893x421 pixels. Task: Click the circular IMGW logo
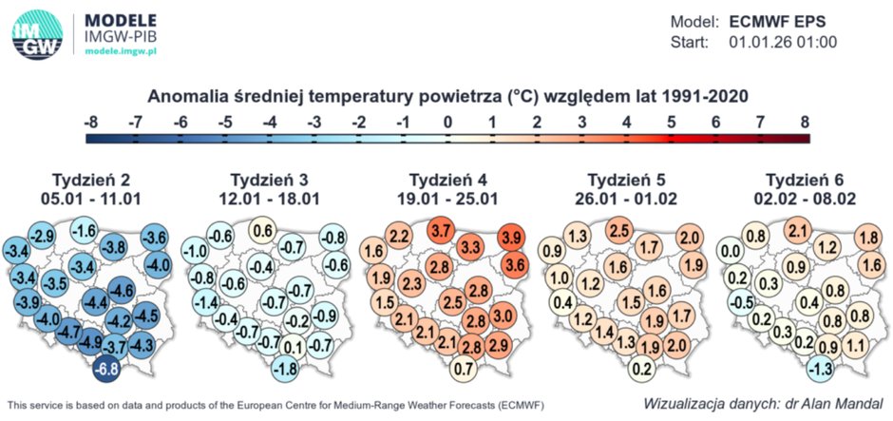[x=39, y=36]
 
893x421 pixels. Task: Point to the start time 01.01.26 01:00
[x=783, y=43]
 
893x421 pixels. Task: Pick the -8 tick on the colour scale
[x=91, y=123]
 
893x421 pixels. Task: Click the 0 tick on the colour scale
[x=447, y=123]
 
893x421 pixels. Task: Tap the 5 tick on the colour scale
[x=671, y=123]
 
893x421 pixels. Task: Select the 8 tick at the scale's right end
[x=804, y=123]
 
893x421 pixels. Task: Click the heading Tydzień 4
[x=446, y=181]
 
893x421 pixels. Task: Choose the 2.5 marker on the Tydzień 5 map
[x=619, y=231]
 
